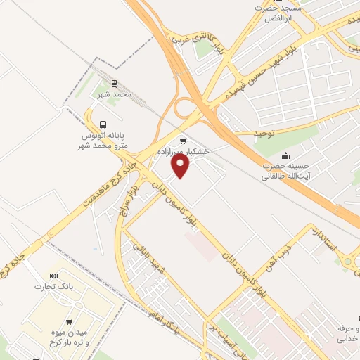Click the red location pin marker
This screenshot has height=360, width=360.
[x=181, y=166]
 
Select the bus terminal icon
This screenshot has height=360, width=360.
[x=103, y=124]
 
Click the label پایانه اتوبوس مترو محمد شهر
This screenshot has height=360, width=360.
[x=103, y=141]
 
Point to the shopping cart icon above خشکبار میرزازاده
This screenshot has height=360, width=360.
[x=184, y=139]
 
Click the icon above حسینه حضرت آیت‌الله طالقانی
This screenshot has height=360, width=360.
[x=285, y=155]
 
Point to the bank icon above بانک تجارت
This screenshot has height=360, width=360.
[x=53, y=275]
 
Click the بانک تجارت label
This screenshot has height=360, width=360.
[x=53, y=287]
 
